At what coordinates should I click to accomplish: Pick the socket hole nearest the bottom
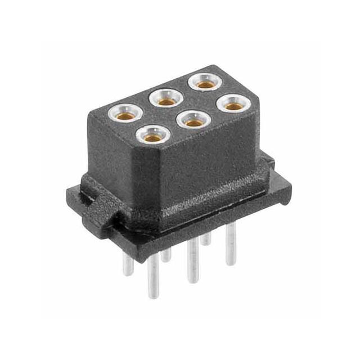point(151,136)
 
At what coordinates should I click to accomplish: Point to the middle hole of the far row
point(165,100)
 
